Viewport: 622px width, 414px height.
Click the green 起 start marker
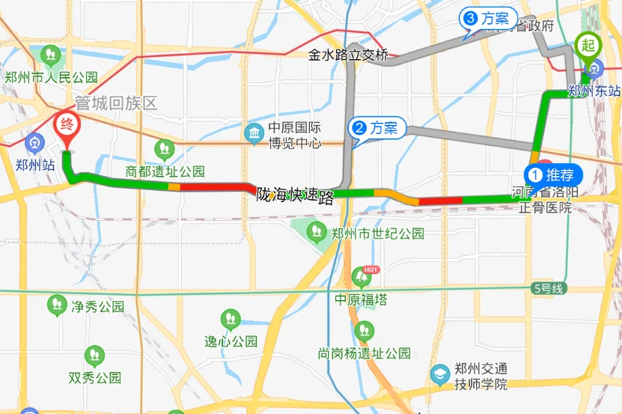click(588, 46)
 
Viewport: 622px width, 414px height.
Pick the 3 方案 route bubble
click(490, 18)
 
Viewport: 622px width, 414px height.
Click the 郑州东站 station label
click(594, 91)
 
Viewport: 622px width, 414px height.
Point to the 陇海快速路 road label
click(295, 197)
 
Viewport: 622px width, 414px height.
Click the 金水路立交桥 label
click(349, 55)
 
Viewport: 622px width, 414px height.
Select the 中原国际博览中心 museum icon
click(254, 133)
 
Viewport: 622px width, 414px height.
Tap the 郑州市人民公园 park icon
click(51, 54)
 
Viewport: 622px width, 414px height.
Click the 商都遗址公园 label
click(165, 171)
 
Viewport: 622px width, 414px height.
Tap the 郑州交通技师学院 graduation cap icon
click(441, 372)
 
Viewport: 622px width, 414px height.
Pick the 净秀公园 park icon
click(57, 305)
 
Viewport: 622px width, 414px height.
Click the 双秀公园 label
click(94, 377)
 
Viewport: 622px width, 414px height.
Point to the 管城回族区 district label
click(116, 103)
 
